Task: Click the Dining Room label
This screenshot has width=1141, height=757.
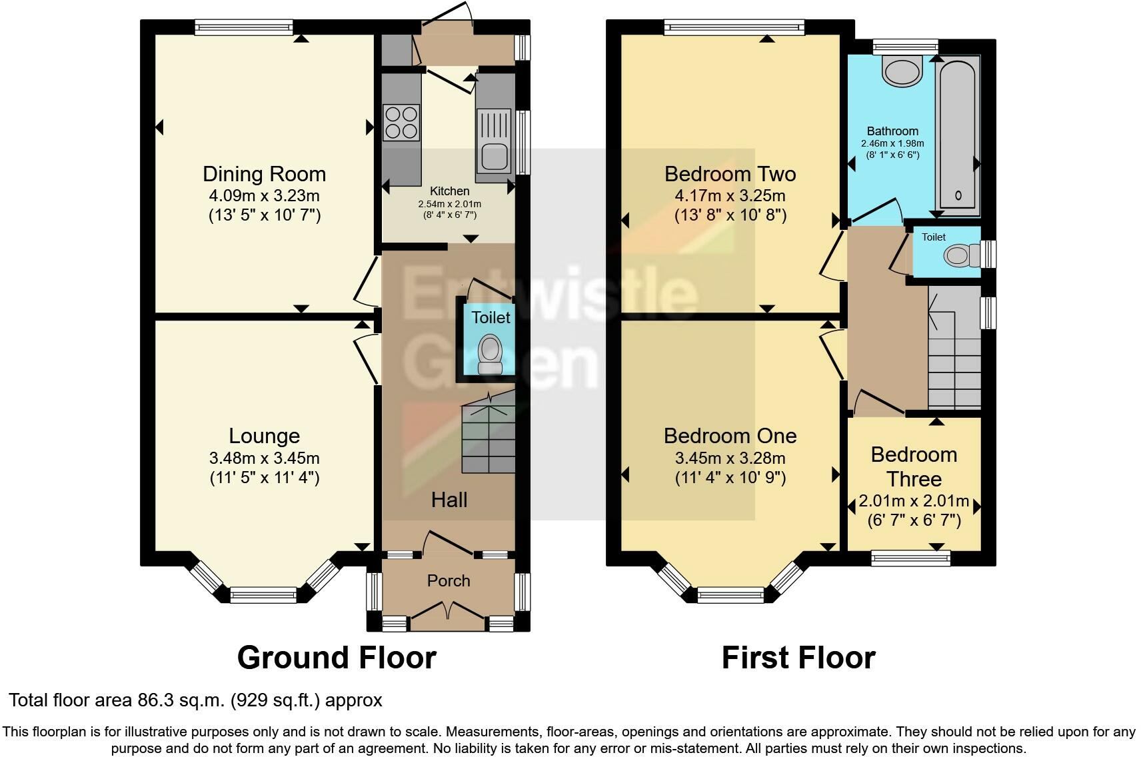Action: (264, 174)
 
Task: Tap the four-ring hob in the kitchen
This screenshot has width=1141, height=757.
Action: (401, 123)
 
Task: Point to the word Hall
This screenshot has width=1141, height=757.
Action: (449, 500)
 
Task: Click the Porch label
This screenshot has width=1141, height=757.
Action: (449, 580)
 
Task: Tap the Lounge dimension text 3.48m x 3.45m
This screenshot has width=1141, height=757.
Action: (264, 458)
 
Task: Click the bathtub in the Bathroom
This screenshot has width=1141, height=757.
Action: (958, 133)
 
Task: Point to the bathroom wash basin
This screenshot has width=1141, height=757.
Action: (902, 69)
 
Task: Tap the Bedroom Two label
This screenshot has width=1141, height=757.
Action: (730, 174)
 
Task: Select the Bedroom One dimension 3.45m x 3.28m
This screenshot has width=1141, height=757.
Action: (730, 458)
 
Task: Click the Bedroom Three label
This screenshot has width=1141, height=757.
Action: (914, 466)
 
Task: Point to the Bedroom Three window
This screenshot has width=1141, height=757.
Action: (910, 558)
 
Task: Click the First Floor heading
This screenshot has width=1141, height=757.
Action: (798, 658)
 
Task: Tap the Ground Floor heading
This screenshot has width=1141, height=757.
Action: (337, 658)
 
